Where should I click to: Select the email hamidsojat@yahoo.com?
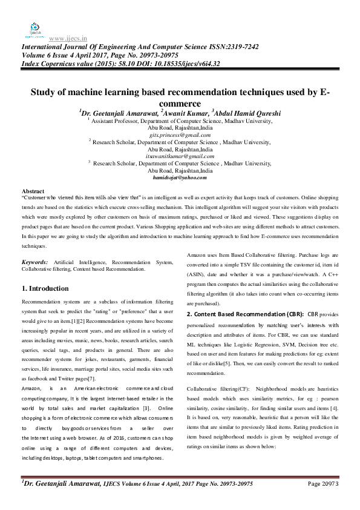pos(180,177)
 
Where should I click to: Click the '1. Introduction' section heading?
pos(45,288)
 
